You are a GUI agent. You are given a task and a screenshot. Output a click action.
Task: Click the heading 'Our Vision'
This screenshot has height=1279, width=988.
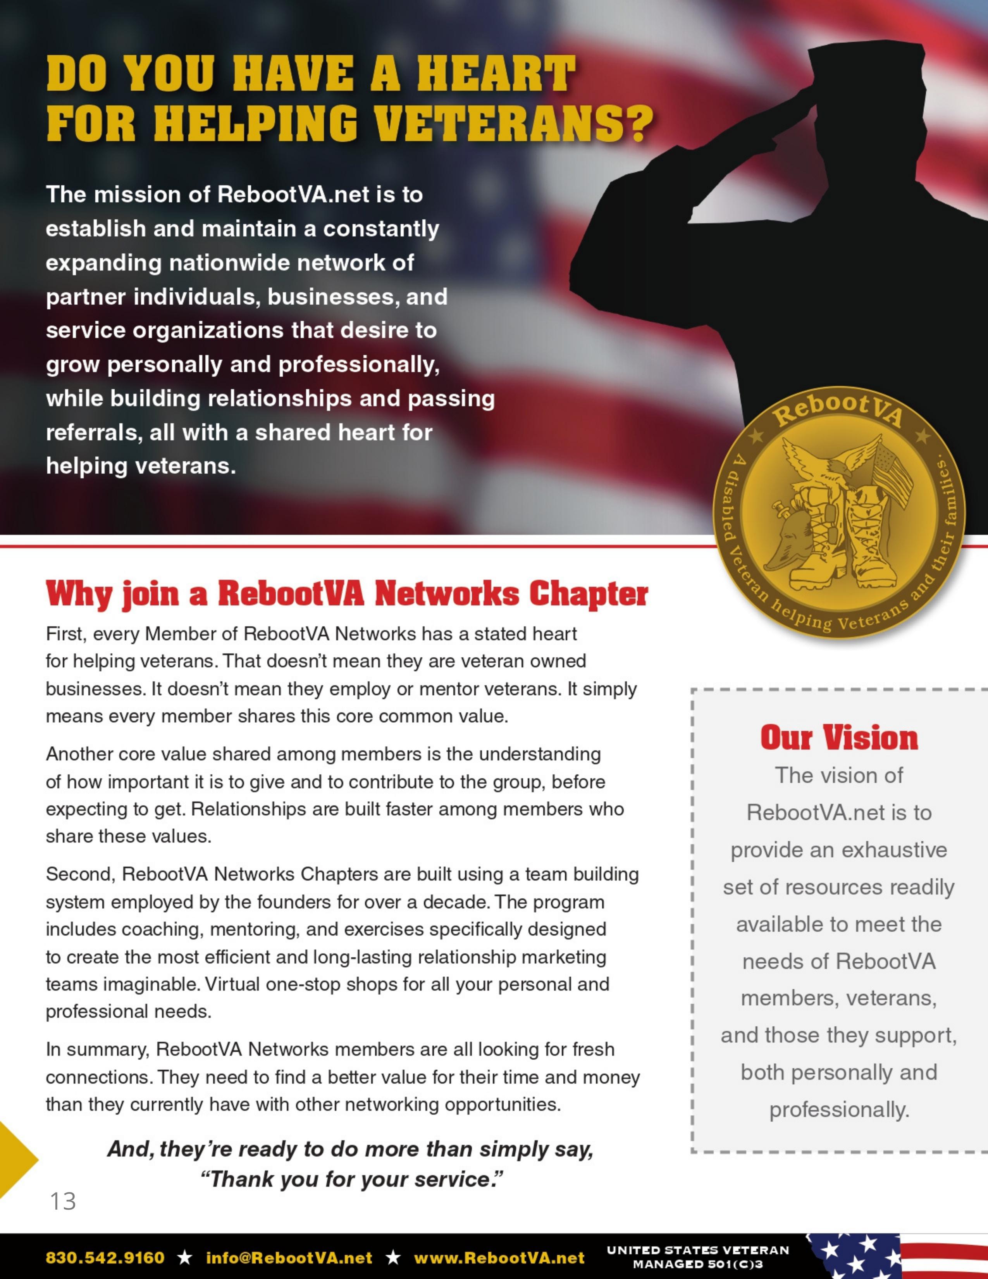coord(839,738)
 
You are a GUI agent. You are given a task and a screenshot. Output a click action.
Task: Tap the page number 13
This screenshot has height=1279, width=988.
coord(63,1201)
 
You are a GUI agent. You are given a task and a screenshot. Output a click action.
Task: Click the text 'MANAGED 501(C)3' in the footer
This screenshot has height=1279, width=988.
coord(698,1264)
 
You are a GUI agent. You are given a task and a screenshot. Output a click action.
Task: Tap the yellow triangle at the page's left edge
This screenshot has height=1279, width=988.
coord(15,1160)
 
